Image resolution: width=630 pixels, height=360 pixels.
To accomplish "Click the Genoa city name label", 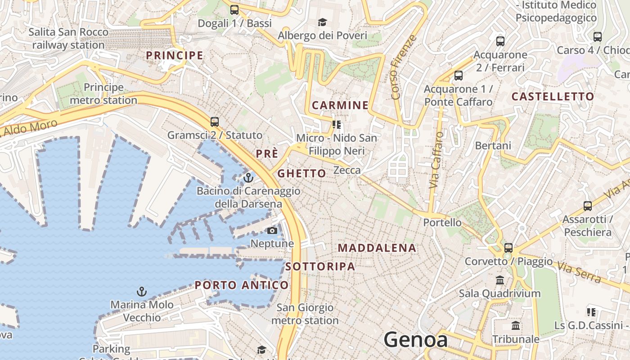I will click(415, 340).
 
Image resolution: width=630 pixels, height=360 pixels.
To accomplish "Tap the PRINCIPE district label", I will click(175, 55).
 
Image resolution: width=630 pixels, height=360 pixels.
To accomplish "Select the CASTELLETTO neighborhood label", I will click(553, 96).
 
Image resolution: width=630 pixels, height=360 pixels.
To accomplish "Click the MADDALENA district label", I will click(377, 248).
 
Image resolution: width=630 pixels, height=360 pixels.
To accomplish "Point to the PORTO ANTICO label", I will click(242, 285).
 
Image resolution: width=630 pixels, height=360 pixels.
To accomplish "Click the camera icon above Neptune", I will click(272, 231).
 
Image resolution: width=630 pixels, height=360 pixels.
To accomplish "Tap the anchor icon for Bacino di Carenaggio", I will click(248, 178).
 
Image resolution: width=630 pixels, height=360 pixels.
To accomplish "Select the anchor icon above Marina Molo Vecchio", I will click(142, 292).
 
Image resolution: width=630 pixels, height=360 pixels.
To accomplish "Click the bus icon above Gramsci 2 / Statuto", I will click(215, 122).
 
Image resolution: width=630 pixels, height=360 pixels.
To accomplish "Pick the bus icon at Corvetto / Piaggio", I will click(508, 248).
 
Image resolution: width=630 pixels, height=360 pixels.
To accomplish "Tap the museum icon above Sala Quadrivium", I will click(499, 280).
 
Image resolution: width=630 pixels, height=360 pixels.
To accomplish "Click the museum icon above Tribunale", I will click(516, 325).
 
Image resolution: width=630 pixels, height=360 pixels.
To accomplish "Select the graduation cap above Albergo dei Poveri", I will click(322, 22).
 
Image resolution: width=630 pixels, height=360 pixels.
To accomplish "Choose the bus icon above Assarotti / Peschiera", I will click(587, 206).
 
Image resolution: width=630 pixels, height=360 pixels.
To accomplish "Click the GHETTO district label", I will click(301, 173).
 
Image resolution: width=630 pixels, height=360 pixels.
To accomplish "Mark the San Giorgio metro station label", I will click(305, 314).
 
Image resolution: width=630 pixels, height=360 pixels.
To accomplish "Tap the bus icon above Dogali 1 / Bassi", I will click(234, 9).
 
